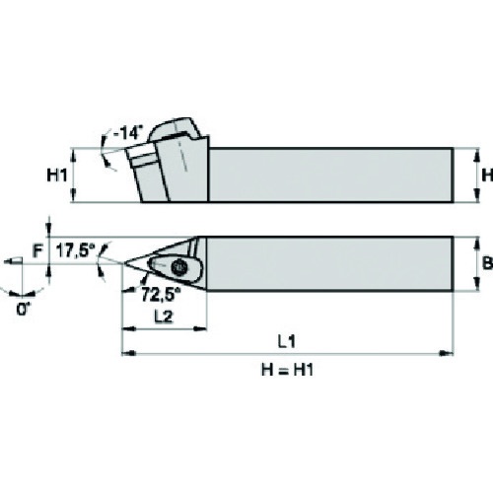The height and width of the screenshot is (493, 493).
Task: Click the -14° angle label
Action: [x=127, y=134]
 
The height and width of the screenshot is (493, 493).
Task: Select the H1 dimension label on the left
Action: [x=56, y=176]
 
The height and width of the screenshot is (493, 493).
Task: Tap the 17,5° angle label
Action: [x=73, y=251]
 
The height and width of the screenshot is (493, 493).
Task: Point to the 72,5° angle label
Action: [x=161, y=294]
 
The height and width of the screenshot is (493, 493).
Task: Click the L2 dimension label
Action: [x=164, y=317]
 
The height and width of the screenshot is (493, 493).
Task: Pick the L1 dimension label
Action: [x=287, y=342]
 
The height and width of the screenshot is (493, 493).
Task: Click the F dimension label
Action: [x=37, y=251]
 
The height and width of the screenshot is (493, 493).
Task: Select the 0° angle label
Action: [x=23, y=309]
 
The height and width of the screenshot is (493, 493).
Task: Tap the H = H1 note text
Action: [x=287, y=370]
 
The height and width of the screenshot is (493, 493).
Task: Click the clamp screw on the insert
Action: [x=179, y=266]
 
